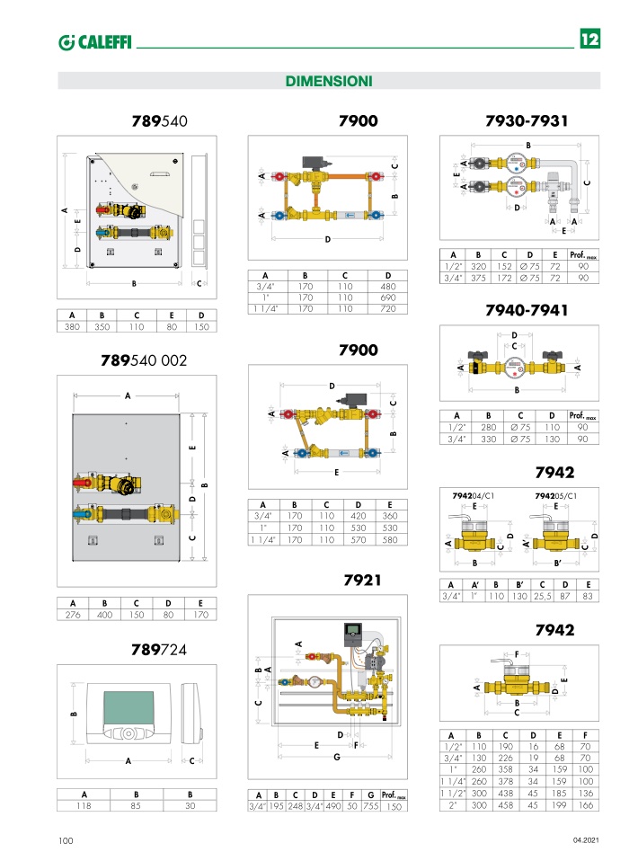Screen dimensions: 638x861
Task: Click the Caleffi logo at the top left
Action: click(95, 41)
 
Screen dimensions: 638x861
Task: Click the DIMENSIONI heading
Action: click(328, 81)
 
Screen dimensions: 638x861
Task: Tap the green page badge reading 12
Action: click(590, 39)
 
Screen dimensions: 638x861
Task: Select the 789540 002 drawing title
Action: click(144, 360)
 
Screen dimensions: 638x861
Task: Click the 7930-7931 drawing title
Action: click(526, 120)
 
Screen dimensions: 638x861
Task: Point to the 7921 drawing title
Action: click(362, 580)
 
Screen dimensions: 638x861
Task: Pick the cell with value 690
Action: click(387, 297)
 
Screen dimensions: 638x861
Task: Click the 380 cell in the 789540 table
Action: click(72, 327)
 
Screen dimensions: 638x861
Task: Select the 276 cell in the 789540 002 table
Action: click(73, 615)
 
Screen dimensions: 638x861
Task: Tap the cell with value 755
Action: click(370, 806)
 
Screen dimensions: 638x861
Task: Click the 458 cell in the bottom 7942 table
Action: click(505, 805)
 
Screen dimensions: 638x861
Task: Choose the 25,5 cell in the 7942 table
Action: click(542, 596)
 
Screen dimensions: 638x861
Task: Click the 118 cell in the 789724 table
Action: click(84, 805)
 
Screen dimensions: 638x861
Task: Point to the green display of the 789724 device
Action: click(128, 707)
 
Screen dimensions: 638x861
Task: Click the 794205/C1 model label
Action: click(555, 496)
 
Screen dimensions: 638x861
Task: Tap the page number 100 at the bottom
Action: click(66, 840)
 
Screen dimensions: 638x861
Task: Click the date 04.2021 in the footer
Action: click(586, 840)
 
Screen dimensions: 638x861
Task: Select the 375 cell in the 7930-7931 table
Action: click(478, 278)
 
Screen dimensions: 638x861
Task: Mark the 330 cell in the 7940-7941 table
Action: click(488, 439)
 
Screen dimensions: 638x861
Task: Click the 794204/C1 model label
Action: click(474, 496)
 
